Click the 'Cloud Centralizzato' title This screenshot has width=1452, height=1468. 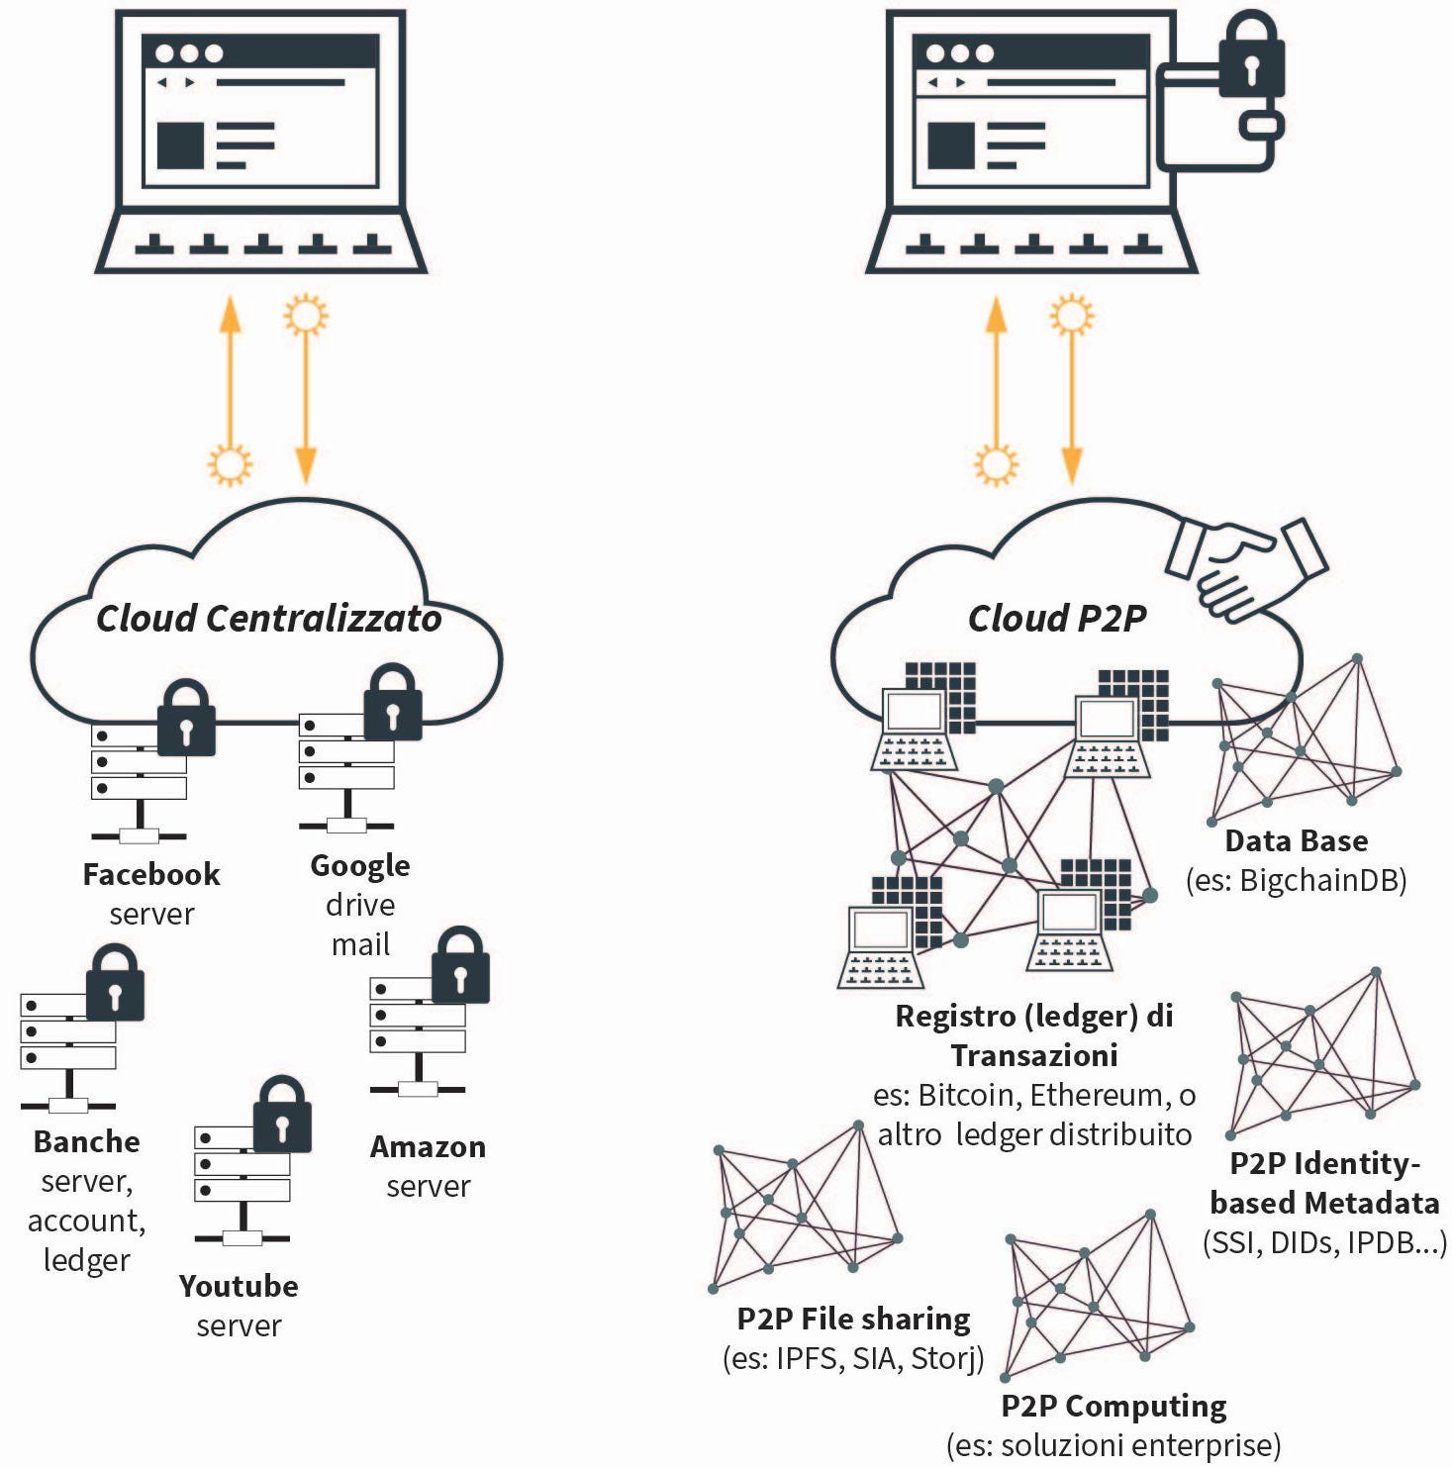pyautogui.click(x=268, y=619)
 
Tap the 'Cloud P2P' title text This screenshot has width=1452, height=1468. pyautogui.click(x=1057, y=619)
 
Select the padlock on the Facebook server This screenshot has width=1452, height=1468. pyautogui.click(x=186, y=719)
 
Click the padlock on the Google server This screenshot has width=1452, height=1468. pyautogui.click(x=393, y=703)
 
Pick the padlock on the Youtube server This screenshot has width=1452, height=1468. pyautogui.click(x=282, y=1115)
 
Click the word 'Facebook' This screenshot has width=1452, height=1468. pyautogui.click(x=151, y=874)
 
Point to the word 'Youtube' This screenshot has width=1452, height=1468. pyautogui.click(x=239, y=1286)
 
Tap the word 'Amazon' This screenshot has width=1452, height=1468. pyautogui.click(x=428, y=1146)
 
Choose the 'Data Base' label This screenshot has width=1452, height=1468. pyautogui.click(x=1297, y=840)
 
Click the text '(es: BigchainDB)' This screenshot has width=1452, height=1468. pyautogui.click(x=1297, y=880)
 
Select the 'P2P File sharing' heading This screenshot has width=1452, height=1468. pyautogui.click(x=853, y=1319)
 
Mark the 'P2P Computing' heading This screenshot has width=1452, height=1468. pyautogui.click(x=1113, y=1406)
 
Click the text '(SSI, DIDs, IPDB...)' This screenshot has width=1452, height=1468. pyautogui.click(x=1324, y=1242)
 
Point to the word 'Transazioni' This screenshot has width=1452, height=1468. pyautogui.click(x=1034, y=1055)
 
